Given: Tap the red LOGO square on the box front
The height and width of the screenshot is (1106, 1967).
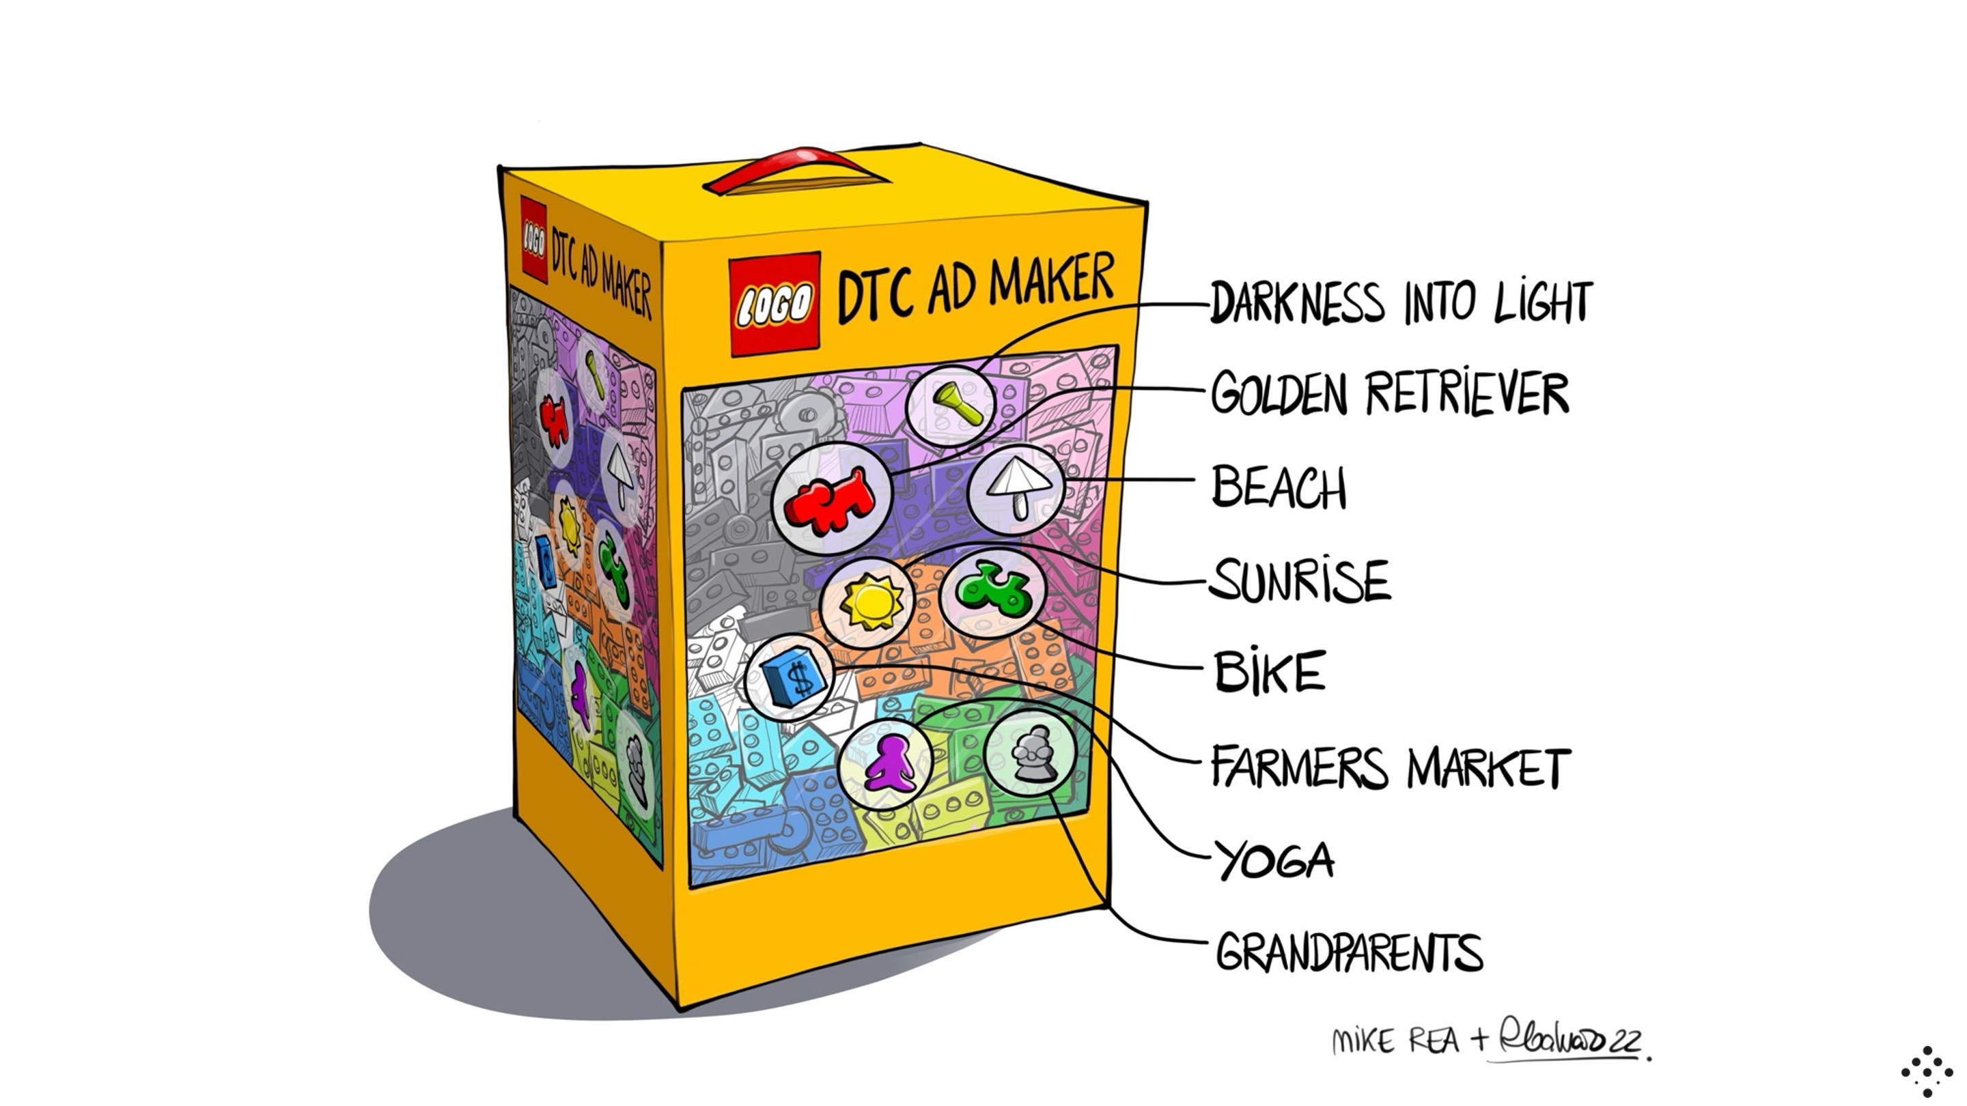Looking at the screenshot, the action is click(x=775, y=304).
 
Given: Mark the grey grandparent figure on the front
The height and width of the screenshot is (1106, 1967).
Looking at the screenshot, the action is click(x=1031, y=754).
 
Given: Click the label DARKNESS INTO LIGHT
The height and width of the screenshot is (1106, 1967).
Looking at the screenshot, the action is click(x=1401, y=302).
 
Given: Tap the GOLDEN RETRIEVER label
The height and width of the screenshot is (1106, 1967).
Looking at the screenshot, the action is click(x=1390, y=394).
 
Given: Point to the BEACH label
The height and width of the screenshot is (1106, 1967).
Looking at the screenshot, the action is click(x=1280, y=487).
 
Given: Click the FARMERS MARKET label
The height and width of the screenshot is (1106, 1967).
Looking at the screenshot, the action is click(x=1390, y=767).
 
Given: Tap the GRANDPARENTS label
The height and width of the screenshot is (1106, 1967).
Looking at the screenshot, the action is click(x=1348, y=952).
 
